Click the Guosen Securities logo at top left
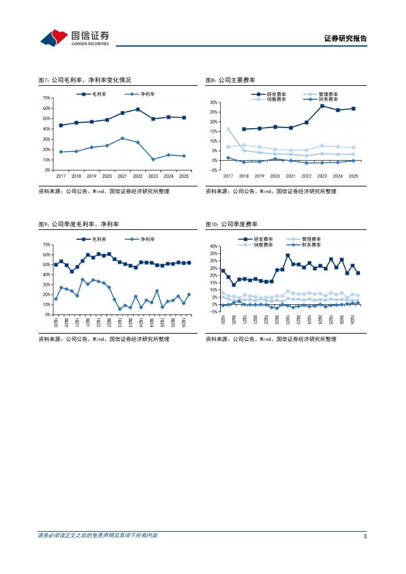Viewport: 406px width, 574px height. pyautogui.click(x=75, y=37)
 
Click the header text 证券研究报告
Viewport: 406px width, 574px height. pyautogui.click(x=345, y=39)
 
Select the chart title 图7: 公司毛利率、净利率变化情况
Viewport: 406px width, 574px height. pyautogui.click(x=85, y=80)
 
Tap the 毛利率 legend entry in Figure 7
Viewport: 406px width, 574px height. pyautogui.click(x=91, y=94)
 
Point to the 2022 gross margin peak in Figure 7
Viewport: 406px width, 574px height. pyautogui.click(x=137, y=109)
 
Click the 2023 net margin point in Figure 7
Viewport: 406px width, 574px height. pyautogui.click(x=153, y=159)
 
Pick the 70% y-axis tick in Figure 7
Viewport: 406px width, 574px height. pyautogui.click(x=47, y=98)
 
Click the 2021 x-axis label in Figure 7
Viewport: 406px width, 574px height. pyautogui.click(x=122, y=176)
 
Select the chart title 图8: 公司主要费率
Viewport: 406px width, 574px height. pyautogui.click(x=230, y=80)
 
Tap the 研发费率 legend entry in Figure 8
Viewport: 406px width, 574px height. pyautogui.click(x=269, y=94)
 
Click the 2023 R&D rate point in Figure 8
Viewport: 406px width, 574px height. pyautogui.click(x=322, y=106)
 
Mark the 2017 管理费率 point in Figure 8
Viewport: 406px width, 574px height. pyautogui.click(x=228, y=129)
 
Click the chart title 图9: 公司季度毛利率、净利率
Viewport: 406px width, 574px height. pyautogui.click(x=79, y=224)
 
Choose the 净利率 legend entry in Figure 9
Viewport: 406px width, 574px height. pyautogui.click(x=140, y=239)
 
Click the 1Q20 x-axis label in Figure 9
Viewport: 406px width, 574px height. pyautogui.click(x=56, y=322)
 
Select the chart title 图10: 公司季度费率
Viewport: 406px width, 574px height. pyautogui.click(x=231, y=224)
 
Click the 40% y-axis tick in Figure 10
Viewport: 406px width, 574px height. pyautogui.click(x=213, y=247)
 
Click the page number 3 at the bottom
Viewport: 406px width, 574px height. pyautogui.click(x=365, y=537)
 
